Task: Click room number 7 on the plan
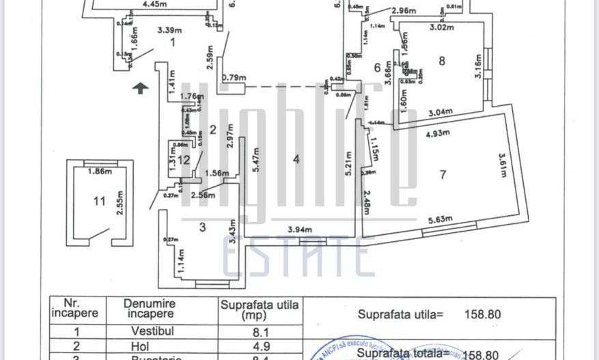click(443, 175)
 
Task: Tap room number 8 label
click(442, 61)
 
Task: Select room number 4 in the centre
click(296, 159)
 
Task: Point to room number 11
click(100, 201)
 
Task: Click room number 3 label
click(202, 227)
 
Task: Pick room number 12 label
click(183, 160)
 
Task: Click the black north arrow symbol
click(139, 87)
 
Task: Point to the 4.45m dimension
click(154, 3)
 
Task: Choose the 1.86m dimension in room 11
click(100, 171)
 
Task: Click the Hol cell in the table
click(140, 347)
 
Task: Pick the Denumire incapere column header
click(150, 308)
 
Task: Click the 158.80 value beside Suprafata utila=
click(482, 315)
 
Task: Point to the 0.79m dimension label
click(234, 77)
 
